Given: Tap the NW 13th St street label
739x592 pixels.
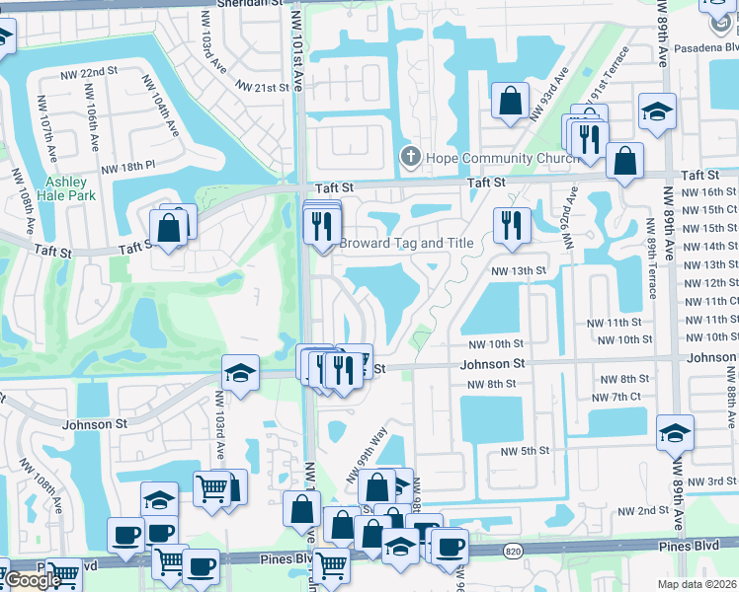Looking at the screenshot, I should pos(520,270).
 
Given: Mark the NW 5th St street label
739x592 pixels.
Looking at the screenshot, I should pos(524,451).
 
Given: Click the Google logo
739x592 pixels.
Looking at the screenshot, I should pos(34,580).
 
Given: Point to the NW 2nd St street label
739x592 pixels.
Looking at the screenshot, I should pos(642,511).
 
